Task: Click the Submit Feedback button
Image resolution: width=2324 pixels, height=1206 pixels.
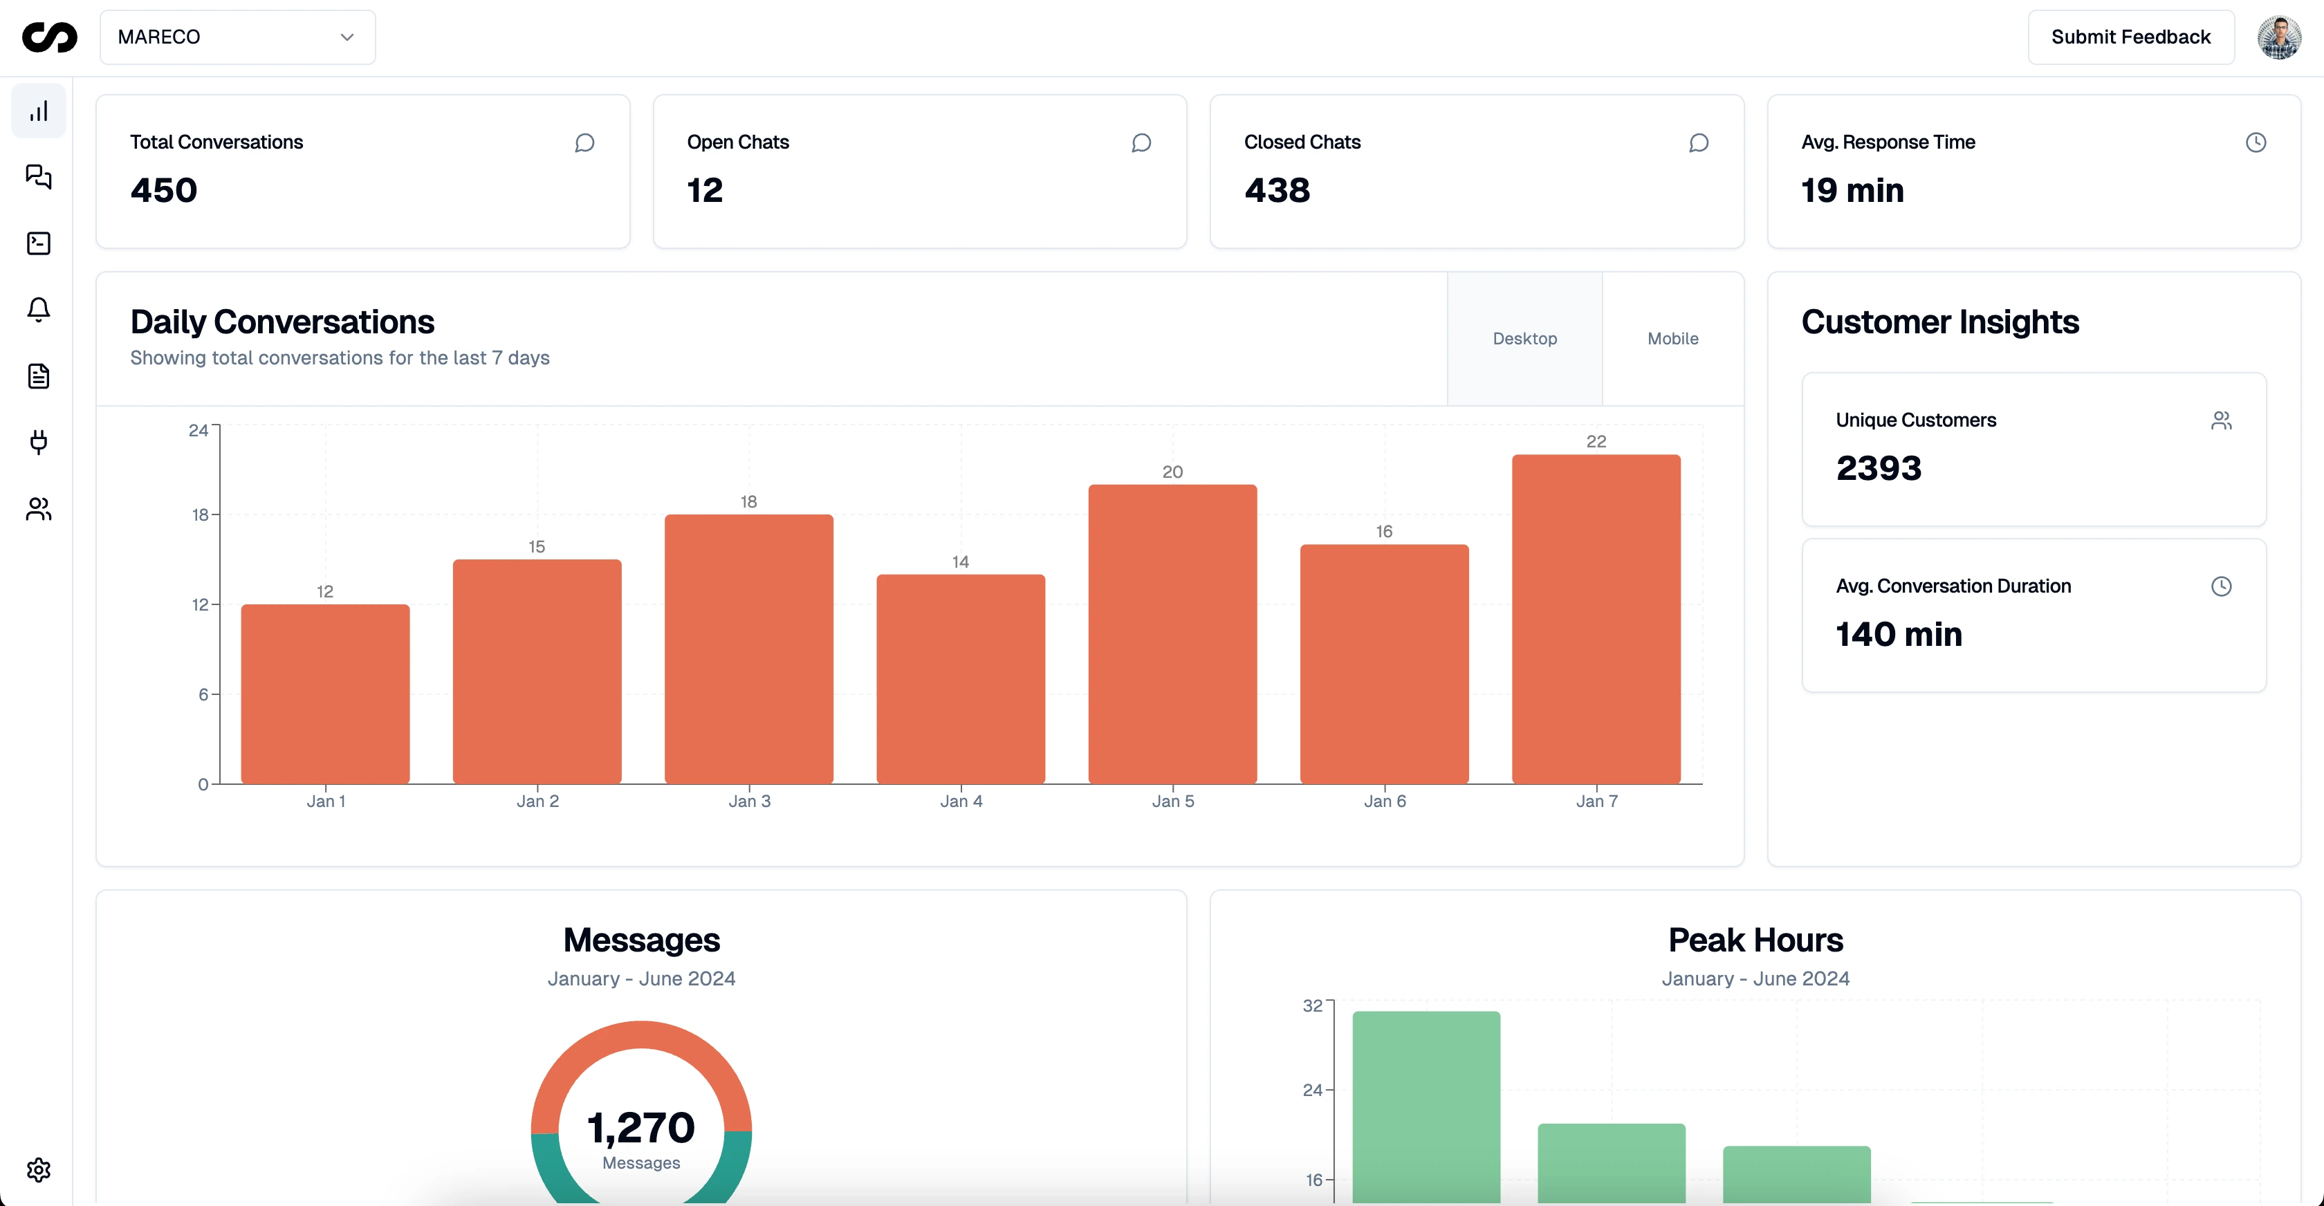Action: point(2130,37)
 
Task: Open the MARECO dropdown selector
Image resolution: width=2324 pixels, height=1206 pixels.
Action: point(237,37)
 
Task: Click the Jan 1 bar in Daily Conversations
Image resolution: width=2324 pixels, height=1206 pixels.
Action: point(325,694)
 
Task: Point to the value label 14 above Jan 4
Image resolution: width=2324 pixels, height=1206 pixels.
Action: point(960,562)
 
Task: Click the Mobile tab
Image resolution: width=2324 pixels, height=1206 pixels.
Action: point(1672,338)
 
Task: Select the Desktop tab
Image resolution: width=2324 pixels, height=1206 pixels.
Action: point(1524,338)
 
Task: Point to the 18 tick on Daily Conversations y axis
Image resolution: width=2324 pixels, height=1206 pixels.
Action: point(201,515)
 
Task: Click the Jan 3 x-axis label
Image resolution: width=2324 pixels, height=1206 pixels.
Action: point(749,801)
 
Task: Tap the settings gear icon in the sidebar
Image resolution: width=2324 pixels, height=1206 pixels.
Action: point(39,1170)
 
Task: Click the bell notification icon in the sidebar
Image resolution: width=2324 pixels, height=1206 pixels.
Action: point(39,309)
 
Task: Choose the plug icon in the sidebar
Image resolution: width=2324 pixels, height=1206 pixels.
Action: point(39,442)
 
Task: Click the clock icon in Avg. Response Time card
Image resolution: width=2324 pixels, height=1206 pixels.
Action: point(2256,142)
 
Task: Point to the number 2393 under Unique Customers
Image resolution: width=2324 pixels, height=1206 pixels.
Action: point(1879,468)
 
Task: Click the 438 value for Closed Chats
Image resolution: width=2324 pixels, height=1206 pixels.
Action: point(1277,190)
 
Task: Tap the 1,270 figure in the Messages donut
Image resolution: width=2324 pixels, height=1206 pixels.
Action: point(640,1128)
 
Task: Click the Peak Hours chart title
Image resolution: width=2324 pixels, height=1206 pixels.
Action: point(1755,940)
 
